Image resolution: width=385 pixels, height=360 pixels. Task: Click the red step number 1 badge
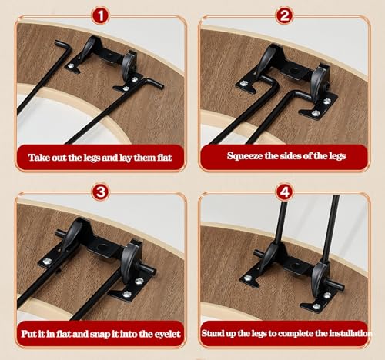point(101,15)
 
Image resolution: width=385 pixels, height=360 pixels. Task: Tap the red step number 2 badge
point(284,15)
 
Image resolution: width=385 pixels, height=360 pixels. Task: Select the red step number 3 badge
point(101,192)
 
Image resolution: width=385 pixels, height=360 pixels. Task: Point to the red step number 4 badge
point(284,192)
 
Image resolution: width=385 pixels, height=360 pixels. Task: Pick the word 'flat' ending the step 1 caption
point(164,158)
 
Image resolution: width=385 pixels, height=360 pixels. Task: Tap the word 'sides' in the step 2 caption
point(290,156)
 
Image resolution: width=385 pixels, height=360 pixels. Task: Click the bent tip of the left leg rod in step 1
point(61,44)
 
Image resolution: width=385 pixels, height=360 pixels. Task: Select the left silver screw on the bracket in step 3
point(46,261)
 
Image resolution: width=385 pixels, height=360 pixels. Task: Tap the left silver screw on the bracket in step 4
point(248,278)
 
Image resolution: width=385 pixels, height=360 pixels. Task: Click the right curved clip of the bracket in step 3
point(129,262)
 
